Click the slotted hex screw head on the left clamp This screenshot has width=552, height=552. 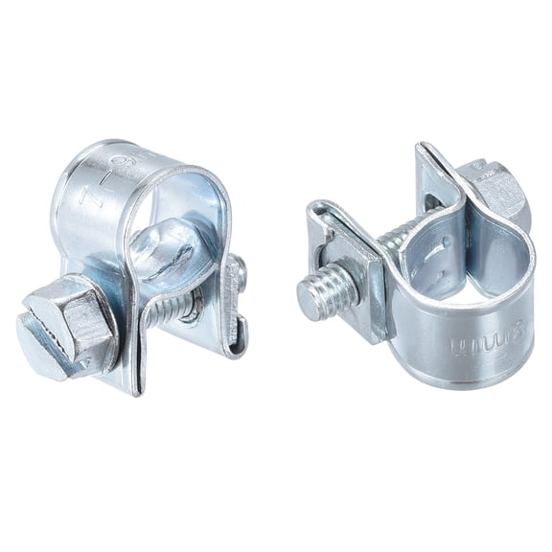(x=67, y=326)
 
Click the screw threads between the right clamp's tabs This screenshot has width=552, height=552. (x=402, y=235)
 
